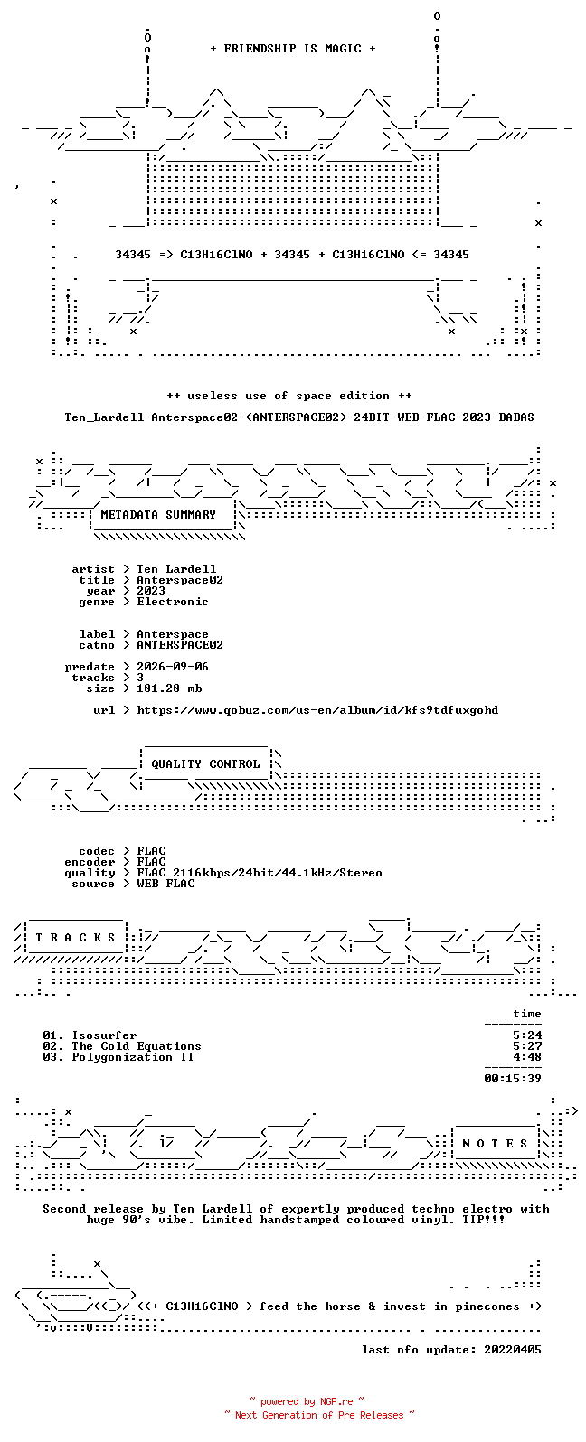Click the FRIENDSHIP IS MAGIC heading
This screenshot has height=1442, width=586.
click(293, 49)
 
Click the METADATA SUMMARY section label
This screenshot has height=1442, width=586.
click(158, 515)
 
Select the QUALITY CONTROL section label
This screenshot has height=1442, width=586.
click(205, 764)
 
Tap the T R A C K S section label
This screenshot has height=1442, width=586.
click(75, 937)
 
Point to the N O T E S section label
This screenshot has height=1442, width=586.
click(495, 1143)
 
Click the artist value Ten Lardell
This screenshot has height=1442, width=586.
click(176, 569)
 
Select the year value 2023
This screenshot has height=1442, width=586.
click(151, 591)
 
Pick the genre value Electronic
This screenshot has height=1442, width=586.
click(173, 602)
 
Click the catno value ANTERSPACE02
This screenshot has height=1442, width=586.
click(180, 645)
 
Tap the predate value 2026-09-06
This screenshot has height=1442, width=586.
click(173, 667)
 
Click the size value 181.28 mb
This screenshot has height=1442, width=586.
click(169, 688)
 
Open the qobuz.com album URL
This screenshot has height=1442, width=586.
click(317, 710)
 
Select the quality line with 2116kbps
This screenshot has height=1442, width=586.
click(260, 873)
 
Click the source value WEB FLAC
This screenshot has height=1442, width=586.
click(165, 884)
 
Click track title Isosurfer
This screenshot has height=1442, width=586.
click(104, 1035)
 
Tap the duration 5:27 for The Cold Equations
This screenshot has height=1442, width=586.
click(526, 1046)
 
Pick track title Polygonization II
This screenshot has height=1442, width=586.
click(133, 1057)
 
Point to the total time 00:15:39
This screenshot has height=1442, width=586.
click(513, 1078)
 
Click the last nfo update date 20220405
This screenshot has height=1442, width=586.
click(513, 1349)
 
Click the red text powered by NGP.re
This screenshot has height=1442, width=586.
click(307, 1401)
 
